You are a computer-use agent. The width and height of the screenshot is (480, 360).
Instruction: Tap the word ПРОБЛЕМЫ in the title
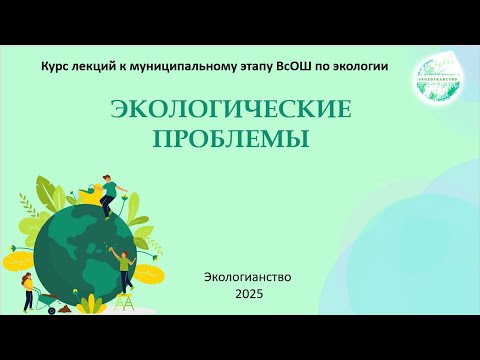(x=230, y=137)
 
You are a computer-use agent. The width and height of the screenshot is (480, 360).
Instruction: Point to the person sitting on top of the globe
(x=113, y=194)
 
